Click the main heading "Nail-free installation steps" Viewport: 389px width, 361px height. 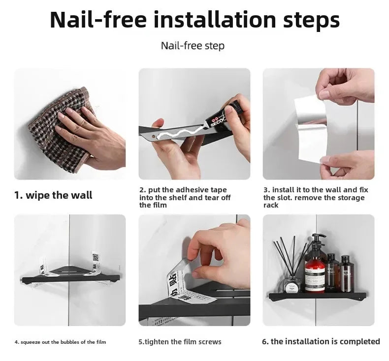(194, 20)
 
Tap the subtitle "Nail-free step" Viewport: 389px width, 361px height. (193, 46)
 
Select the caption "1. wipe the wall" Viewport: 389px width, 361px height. (53, 195)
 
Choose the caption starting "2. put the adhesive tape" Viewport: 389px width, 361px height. (185, 197)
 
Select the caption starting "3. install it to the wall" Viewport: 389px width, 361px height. (315, 197)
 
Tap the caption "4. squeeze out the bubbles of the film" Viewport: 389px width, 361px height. (60, 342)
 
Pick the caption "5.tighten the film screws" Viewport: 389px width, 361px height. (180, 342)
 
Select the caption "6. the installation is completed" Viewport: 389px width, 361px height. (321, 341)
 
